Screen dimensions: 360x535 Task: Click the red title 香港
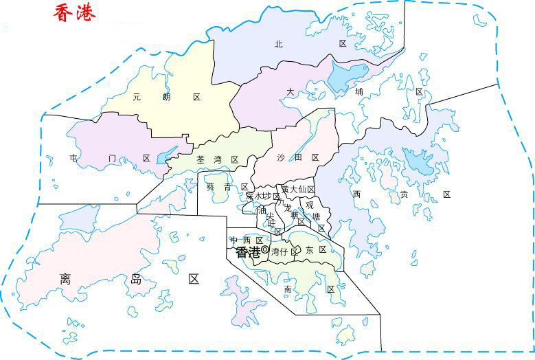75,12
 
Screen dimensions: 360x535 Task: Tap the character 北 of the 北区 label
278,44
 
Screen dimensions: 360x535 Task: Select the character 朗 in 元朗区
166,98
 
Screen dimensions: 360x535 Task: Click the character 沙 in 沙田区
280,158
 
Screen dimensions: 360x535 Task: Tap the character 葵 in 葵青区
210,187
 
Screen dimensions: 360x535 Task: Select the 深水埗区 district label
263,196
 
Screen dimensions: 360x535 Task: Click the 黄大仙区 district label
297,189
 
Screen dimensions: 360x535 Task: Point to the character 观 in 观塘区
310,205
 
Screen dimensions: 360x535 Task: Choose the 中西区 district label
247,240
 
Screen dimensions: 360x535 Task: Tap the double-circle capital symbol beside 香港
264,249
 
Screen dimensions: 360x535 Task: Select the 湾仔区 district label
285,252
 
